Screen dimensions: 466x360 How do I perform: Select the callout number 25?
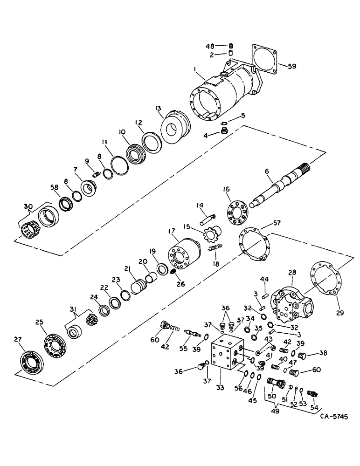pos(39,322)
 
